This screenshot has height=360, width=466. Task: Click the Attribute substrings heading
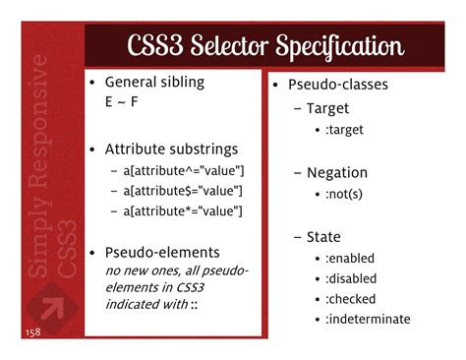171,150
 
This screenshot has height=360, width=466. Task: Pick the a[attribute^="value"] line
183,170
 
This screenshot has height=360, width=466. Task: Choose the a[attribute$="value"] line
183,191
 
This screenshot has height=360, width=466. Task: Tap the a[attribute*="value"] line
183,210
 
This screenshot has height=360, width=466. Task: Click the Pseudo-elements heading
162,252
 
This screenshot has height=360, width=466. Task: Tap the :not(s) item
346,195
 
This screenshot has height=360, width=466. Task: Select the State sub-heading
323,237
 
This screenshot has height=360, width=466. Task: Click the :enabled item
350,259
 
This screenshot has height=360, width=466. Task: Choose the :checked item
351,299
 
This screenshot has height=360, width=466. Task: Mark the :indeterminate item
368,319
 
